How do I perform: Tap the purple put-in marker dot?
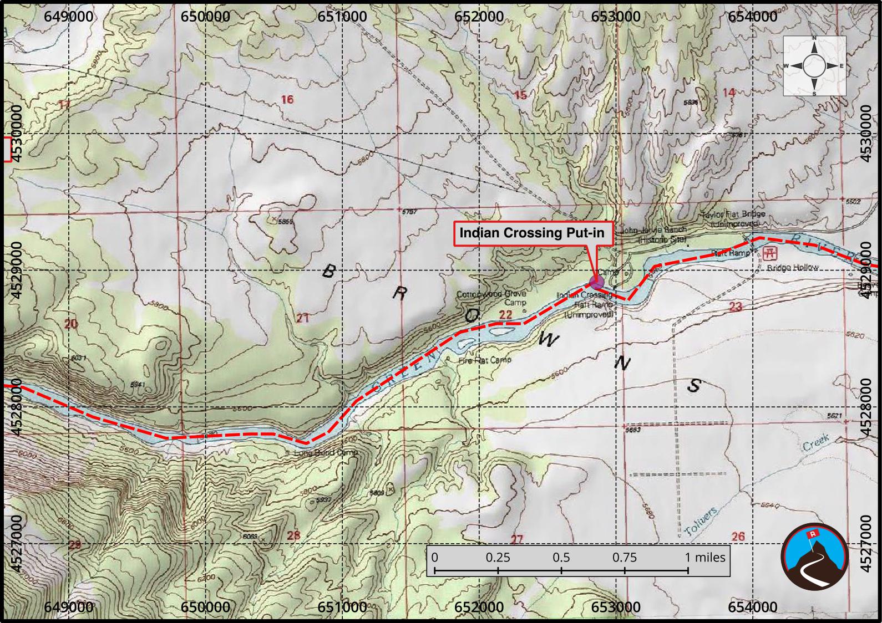(x=597, y=282)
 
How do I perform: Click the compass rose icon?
(x=814, y=65)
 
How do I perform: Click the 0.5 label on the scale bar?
(x=561, y=558)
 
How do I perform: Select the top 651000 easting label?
(x=342, y=17)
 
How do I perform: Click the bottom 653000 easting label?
(x=616, y=607)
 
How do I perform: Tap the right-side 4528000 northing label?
(x=866, y=407)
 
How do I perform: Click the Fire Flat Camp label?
(x=484, y=360)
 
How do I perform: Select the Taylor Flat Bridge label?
(x=733, y=218)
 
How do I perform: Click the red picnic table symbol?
(x=769, y=254)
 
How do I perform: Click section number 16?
(x=287, y=100)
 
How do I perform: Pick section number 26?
(x=738, y=536)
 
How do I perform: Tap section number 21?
(x=302, y=318)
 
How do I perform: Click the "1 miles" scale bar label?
(x=704, y=558)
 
